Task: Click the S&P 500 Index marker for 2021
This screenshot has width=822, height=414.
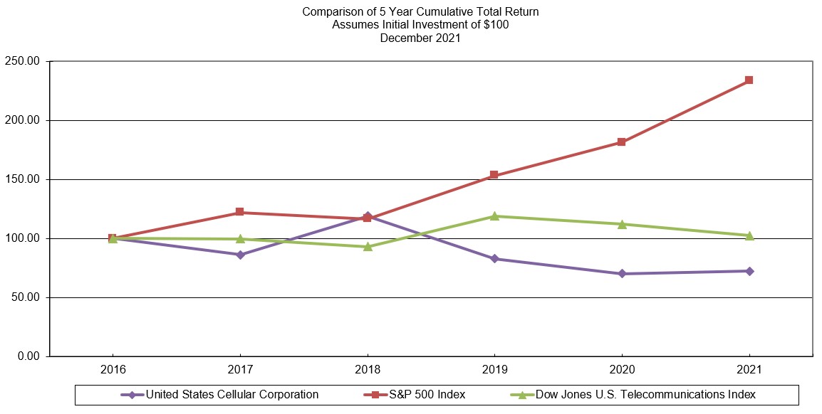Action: click(749, 80)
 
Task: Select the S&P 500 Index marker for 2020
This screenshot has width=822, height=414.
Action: click(622, 142)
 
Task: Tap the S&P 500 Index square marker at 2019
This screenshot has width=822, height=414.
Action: click(494, 175)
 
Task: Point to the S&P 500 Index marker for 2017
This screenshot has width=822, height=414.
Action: click(239, 212)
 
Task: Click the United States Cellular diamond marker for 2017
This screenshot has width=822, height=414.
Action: click(240, 255)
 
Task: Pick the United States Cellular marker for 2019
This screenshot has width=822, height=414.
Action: click(494, 258)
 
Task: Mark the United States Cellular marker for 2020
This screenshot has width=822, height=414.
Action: click(622, 274)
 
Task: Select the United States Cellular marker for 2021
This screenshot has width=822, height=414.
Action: click(749, 271)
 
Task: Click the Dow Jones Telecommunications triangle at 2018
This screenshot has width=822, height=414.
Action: click(368, 247)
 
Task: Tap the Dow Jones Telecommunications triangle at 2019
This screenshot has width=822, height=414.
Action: click(494, 216)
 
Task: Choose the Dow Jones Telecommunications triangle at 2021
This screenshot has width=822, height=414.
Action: click(749, 235)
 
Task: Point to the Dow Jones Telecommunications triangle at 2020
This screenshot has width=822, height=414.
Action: click(622, 224)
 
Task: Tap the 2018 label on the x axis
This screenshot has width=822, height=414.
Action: click(368, 369)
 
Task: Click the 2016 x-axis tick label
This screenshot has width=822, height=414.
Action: click(113, 369)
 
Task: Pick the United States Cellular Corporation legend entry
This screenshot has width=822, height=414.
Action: click(219, 394)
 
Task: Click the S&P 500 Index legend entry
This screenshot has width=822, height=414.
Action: click(414, 394)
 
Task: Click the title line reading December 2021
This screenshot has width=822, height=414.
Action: click(420, 38)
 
